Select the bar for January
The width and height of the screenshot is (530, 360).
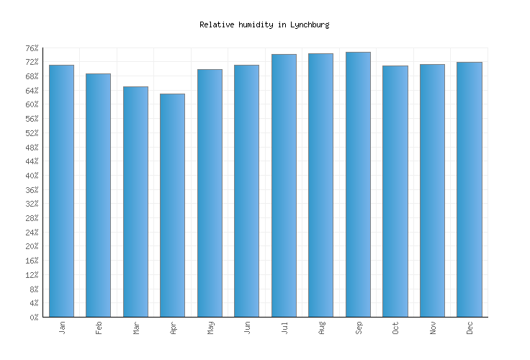pos(61,191)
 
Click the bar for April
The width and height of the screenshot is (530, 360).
pos(172,205)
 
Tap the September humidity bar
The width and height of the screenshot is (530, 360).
pos(358,184)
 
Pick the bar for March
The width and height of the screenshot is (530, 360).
pos(135,202)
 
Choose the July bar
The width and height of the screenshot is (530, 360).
pos(284,185)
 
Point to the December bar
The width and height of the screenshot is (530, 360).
pos(469,189)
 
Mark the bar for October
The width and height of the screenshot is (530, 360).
pos(395,191)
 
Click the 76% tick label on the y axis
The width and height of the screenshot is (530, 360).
pos(32,48)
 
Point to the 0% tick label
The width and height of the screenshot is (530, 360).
pos(34,318)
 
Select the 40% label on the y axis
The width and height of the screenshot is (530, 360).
pos(32,176)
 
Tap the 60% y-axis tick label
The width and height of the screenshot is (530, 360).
pos(32,104)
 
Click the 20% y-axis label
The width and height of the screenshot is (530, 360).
pos(32,246)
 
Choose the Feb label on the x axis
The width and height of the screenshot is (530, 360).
pos(99,328)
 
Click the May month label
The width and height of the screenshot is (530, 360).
pos(210,328)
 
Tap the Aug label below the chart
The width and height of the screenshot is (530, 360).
pos(321,328)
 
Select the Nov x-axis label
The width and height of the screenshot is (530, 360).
pos(432,328)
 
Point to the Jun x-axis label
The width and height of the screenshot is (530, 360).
pos(247,328)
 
